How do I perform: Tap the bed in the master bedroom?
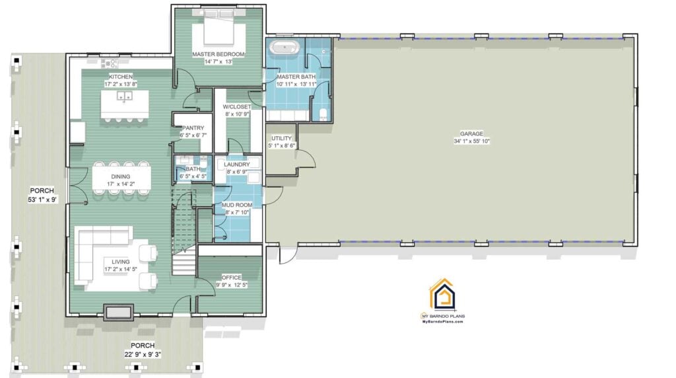219,27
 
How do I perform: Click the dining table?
121,176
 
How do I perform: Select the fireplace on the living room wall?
119,312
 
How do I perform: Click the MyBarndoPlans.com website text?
443,321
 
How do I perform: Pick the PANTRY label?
193,128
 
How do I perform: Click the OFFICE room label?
231,277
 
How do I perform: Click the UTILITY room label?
281,138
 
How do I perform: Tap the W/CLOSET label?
236,106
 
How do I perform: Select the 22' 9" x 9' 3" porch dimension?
143,354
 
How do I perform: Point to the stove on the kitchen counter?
110,63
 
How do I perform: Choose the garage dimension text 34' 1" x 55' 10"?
471,141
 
